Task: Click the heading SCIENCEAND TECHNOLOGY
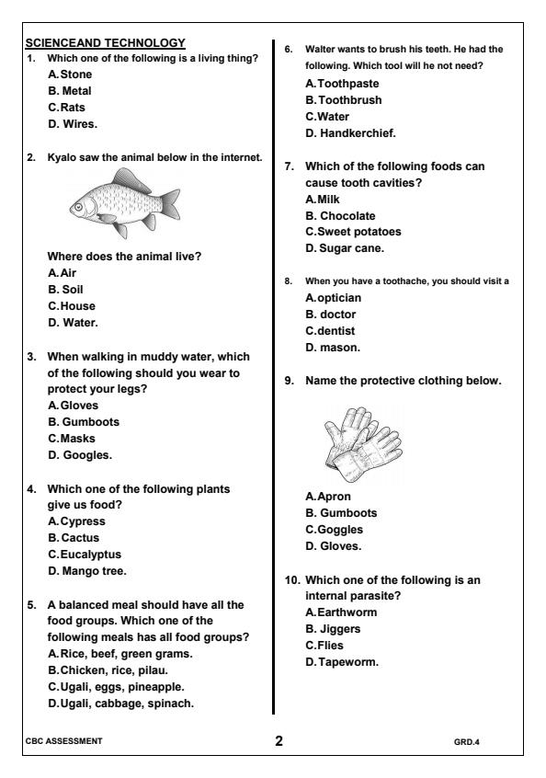(106, 42)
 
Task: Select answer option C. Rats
(66, 108)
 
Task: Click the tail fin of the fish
(169, 200)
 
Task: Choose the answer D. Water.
(72, 322)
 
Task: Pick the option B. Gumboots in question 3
(84, 422)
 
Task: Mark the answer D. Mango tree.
(87, 571)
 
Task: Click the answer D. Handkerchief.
(350, 133)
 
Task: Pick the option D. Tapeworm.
(342, 662)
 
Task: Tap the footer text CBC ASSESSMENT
(64, 740)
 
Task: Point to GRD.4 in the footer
(466, 740)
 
